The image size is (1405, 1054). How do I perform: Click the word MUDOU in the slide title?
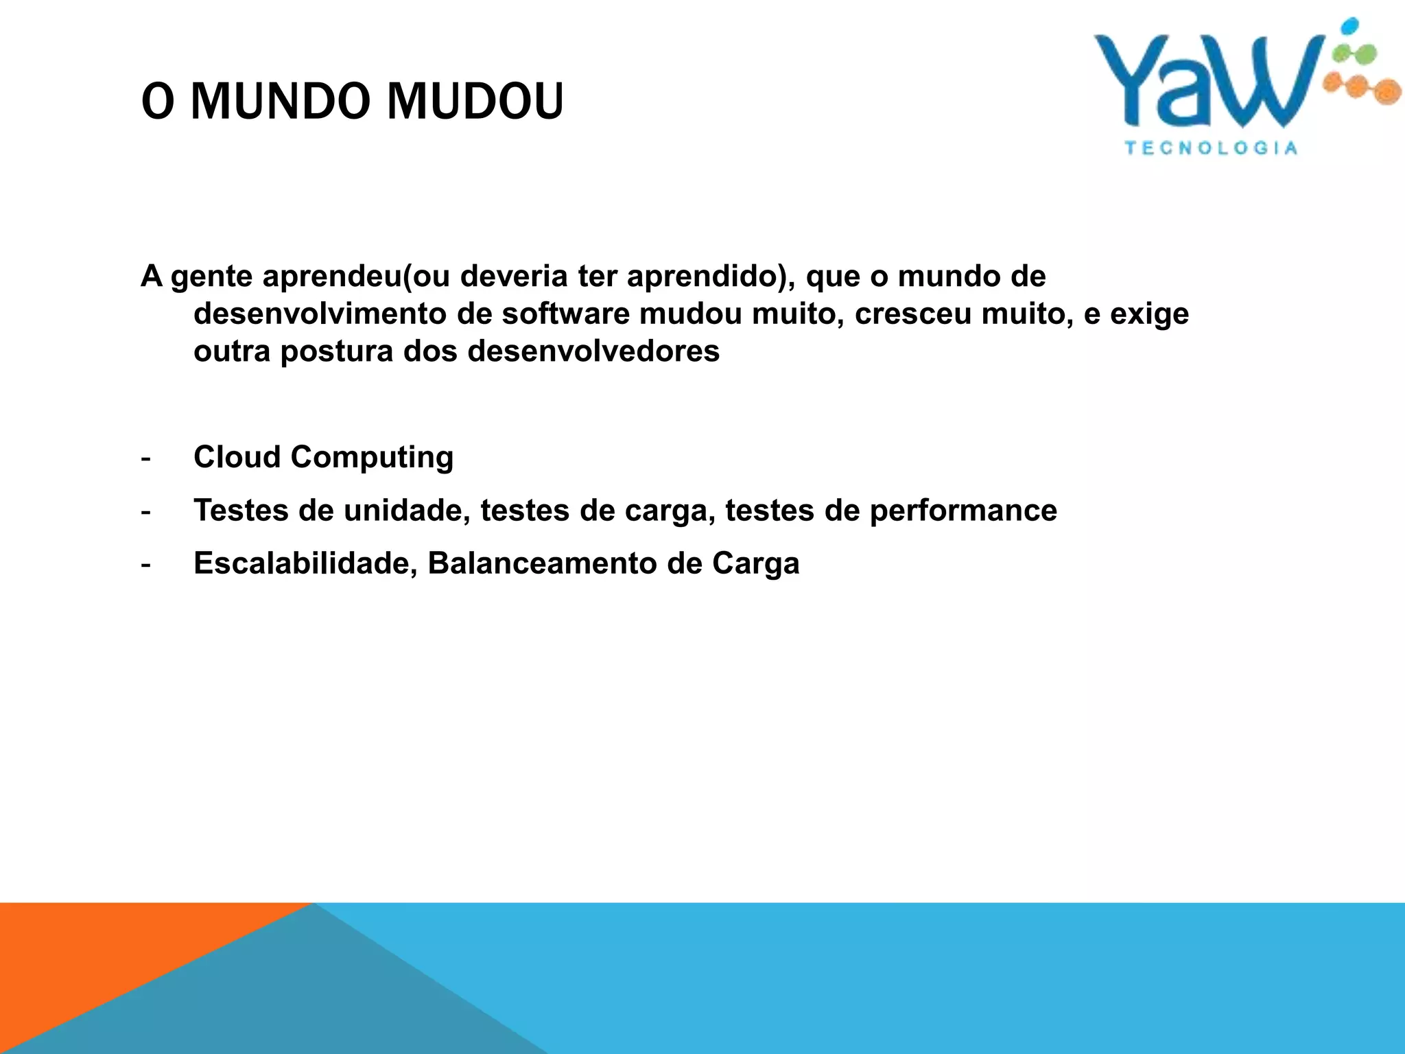click(475, 102)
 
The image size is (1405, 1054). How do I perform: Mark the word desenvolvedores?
click(593, 351)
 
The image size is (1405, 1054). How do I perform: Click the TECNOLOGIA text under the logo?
click(1211, 148)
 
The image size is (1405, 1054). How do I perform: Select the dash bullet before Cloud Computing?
click(145, 458)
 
